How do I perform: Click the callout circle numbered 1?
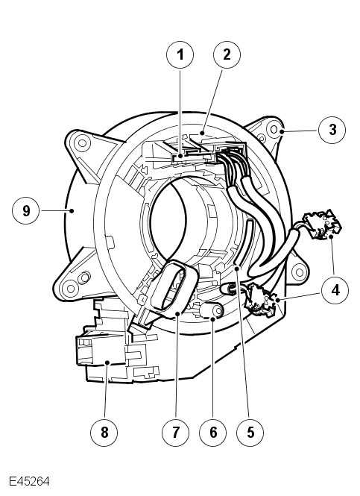[180, 54]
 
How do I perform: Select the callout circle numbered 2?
[227, 54]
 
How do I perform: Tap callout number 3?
[332, 130]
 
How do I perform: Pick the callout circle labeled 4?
[335, 290]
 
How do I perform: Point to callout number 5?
[250, 432]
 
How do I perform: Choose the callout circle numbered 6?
[213, 432]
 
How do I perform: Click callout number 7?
[175, 432]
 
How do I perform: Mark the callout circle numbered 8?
[104, 432]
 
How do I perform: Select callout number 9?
[26, 210]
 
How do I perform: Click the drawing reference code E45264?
[29, 481]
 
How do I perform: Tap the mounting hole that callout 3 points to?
[274, 129]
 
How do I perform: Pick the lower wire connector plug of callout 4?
[262, 300]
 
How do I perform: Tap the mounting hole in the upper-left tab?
[82, 143]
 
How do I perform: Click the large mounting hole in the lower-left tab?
[70, 289]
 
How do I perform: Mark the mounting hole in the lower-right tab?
[299, 271]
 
